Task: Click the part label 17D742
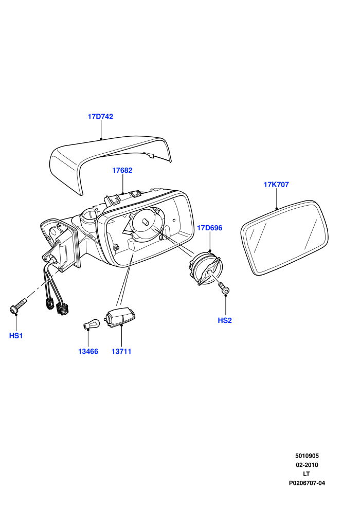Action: (x=100, y=117)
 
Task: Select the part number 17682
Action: (x=122, y=170)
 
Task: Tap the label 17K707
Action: (x=276, y=185)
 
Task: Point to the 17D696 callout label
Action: (x=210, y=228)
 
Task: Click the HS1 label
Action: (x=16, y=336)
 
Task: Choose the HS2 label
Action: (x=225, y=320)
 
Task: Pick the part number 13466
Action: (x=88, y=351)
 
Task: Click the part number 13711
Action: (x=121, y=351)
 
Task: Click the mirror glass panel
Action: (x=285, y=238)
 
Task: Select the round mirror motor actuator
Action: (x=206, y=268)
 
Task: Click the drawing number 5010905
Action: (x=307, y=456)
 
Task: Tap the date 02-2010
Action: (x=307, y=465)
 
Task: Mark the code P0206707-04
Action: (x=307, y=483)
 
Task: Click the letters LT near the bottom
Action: (x=307, y=474)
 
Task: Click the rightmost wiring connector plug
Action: (x=62, y=308)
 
